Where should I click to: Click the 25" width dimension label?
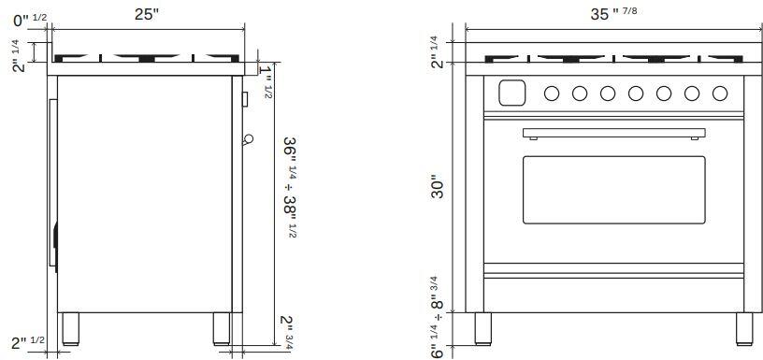pos(146,14)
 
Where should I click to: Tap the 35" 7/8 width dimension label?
pos(617,14)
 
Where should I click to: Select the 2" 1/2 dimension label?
pos(28,343)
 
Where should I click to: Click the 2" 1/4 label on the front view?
pos(437,51)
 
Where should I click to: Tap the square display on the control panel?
pos(511,93)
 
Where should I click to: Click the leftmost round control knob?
pos(552,93)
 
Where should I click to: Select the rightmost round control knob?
pos(720,93)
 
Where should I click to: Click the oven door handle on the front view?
pos(613,133)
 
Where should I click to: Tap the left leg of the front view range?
pos(483,327)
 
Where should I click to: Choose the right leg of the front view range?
pos(744,327)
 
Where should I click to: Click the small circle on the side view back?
pos(247,139)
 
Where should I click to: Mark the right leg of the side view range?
pos(222,327)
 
